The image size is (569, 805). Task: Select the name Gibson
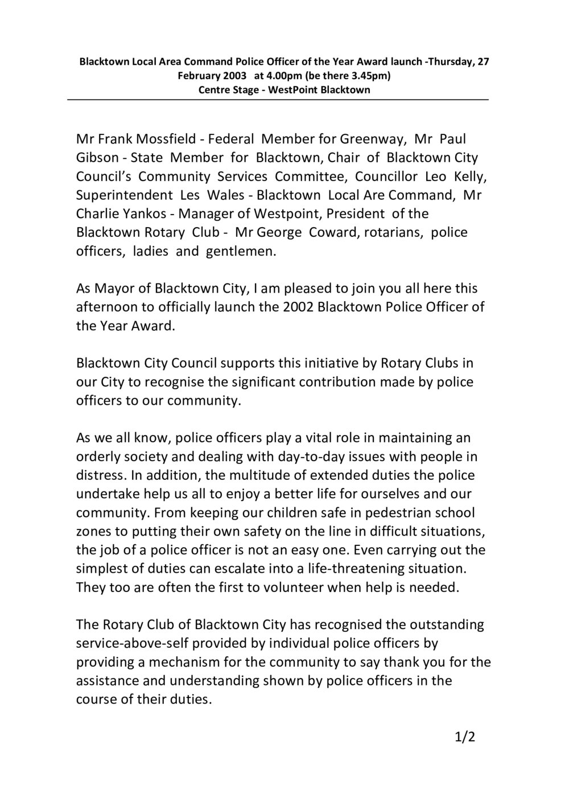(95, 158)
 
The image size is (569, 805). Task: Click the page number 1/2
(465, 738)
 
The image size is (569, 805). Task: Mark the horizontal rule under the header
(278, 100)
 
